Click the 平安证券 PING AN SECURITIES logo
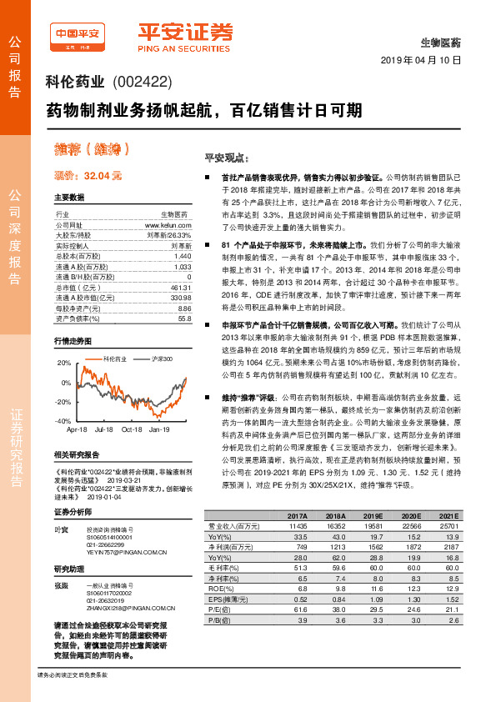pos(185,36)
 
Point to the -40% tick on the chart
pos(63,422)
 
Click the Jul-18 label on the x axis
pos(103,429)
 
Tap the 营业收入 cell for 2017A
pos(298,526)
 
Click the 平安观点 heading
pos(226,158)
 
